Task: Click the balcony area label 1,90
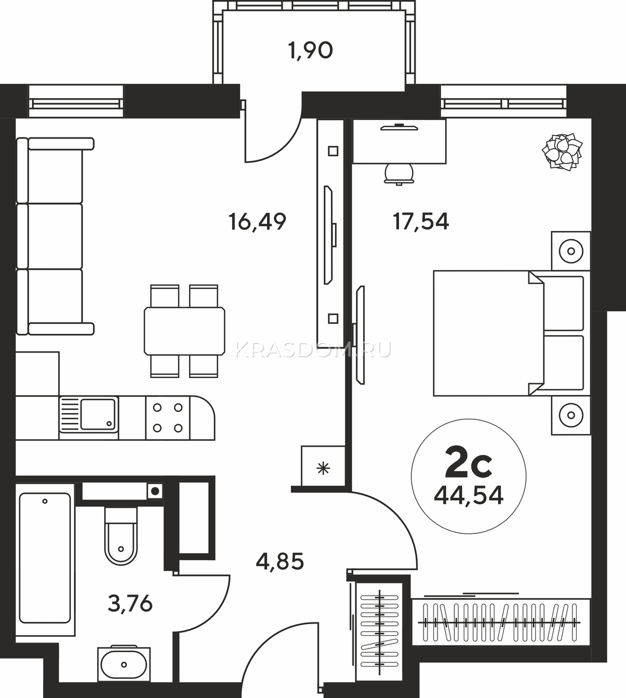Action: point(310,51)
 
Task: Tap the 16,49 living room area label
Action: point(257,221)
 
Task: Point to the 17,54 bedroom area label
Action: point(421,221)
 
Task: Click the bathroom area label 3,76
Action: point(130,604)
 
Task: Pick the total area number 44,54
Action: point(469,496)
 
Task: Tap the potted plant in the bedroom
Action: point(562,152)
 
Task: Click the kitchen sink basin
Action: point(98,415)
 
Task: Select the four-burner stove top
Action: point(168,418)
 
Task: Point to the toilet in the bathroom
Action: point(120,536)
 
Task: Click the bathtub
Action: point(45,560)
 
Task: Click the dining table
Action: point(184,332)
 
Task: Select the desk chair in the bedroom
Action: point(399,173)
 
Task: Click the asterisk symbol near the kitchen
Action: point(323,469)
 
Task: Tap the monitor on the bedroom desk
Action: point(399,128)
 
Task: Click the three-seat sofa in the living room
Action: point(55,236)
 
